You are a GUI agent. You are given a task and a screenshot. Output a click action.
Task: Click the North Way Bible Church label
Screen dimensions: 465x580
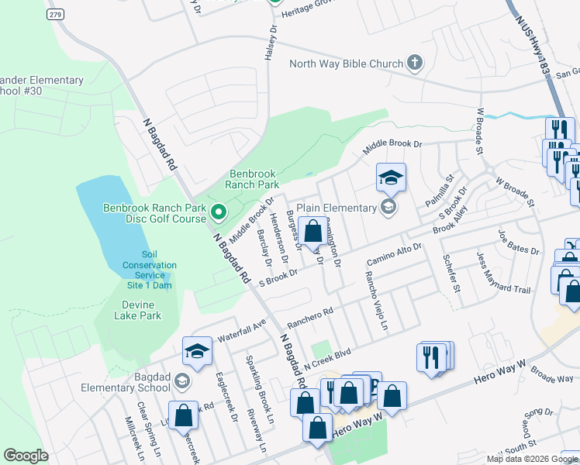pos(346,64)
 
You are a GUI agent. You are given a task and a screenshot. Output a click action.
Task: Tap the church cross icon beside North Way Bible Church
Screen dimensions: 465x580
pos(415,64)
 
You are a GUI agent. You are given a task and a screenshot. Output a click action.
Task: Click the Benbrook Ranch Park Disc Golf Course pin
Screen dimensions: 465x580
pos(219,211)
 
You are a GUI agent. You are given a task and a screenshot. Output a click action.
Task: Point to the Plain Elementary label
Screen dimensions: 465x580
pos(336,207)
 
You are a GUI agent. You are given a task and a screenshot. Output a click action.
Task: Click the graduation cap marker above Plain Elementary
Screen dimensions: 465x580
pos(391,177)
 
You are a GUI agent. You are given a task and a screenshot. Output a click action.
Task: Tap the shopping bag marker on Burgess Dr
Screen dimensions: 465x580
pos(312,232)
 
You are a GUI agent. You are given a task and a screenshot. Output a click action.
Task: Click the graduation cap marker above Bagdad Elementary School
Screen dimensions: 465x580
pos(197,352)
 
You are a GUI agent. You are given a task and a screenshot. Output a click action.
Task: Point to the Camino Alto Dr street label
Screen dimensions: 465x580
pos(393,253)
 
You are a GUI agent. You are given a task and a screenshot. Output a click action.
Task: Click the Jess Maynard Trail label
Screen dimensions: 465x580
pos(504,289)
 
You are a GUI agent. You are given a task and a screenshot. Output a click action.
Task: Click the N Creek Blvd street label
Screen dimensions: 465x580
pos(327,358)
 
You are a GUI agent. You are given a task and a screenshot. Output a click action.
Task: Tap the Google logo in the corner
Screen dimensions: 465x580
pos(26,456)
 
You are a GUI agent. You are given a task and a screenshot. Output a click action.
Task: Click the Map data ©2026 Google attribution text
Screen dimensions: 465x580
pos(531,459)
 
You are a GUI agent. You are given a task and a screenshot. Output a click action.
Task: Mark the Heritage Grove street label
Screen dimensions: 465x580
pos(311,15)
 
